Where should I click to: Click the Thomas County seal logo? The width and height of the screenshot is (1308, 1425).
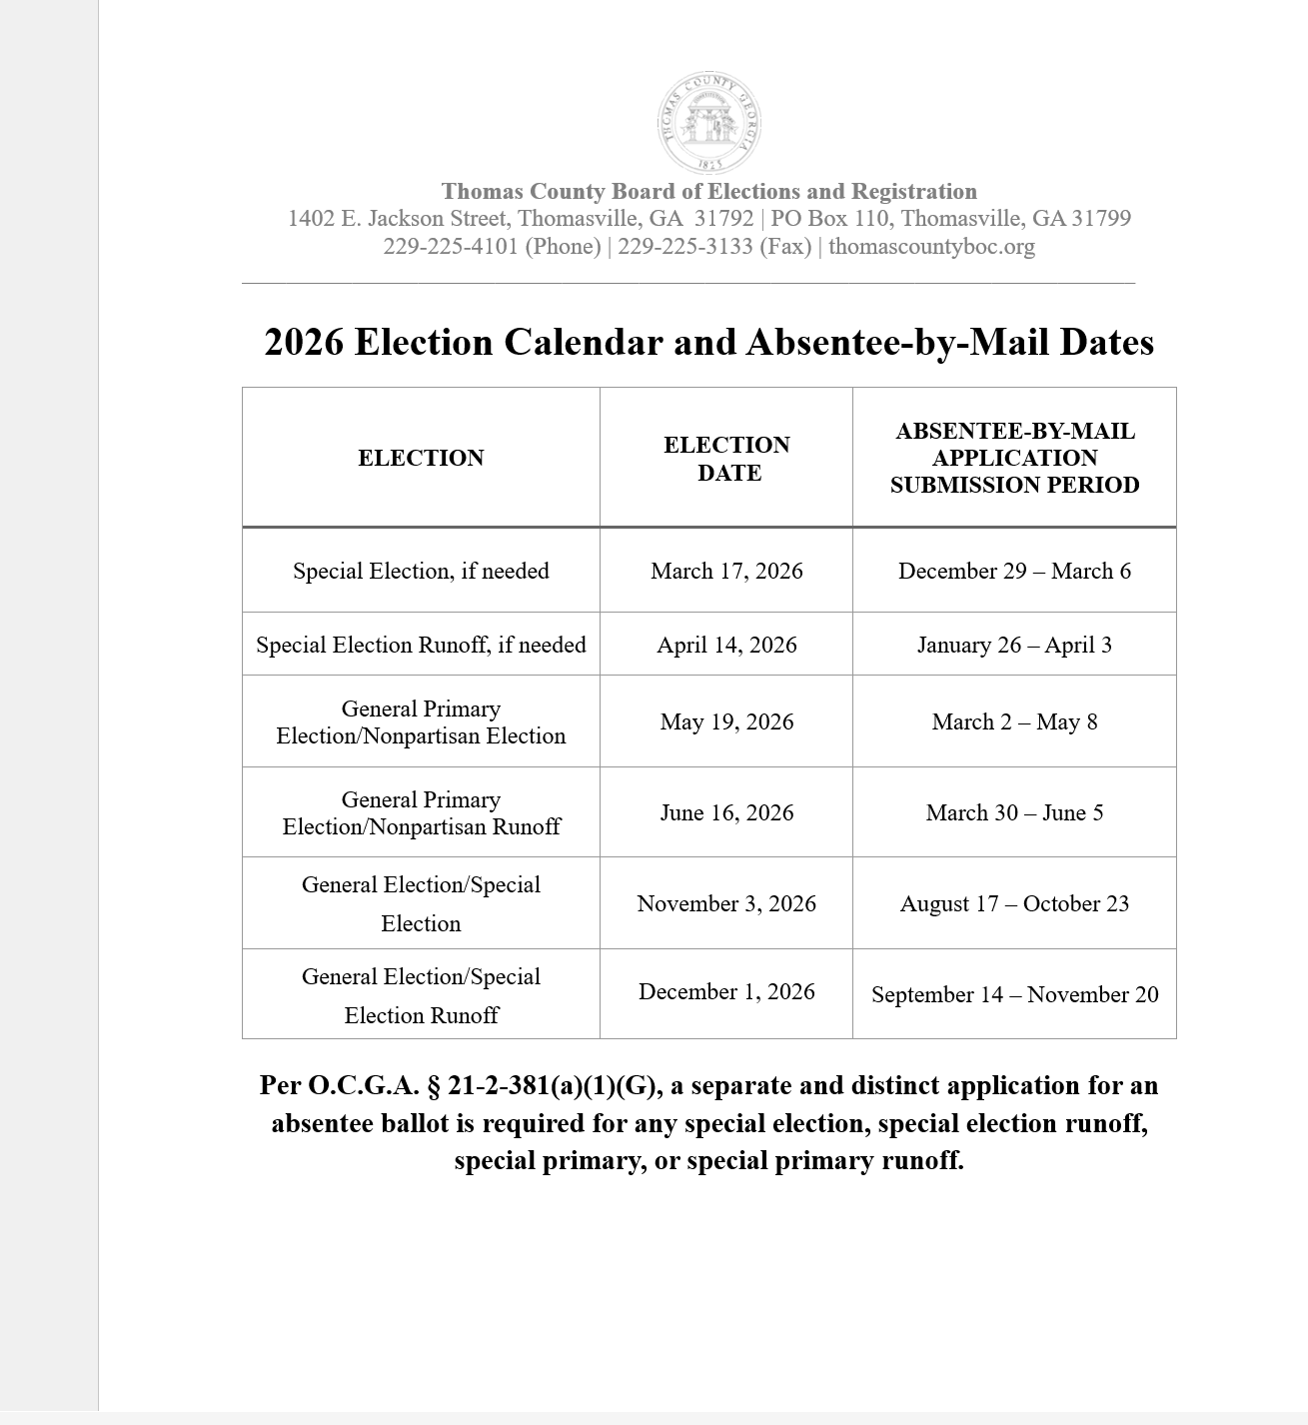[x=708, y=124]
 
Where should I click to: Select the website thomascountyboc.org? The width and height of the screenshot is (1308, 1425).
[x=931, y=247]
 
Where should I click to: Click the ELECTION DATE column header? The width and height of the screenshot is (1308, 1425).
[x=726, y=459]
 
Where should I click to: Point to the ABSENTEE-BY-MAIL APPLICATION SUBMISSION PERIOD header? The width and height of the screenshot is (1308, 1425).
[x=1014, y=458]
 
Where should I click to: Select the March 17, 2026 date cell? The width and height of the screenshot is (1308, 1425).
[x=726, y=571]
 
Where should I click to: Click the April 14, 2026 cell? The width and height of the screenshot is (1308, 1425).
[x=726, y=645]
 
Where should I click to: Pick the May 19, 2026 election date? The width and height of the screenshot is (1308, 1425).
[x=726, y=721]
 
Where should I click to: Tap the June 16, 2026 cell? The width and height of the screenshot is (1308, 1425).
[x=726, y=812]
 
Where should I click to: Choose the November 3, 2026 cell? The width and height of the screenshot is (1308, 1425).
[x=726, y=903]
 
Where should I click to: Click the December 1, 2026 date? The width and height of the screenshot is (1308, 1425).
[x=726, y=991]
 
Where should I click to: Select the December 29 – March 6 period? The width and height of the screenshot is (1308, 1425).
[x=1014, y=571]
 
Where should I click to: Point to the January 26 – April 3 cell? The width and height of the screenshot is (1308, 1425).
[x=1014, y=645]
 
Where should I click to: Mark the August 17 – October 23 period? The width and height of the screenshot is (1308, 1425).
[x=1014, y=903]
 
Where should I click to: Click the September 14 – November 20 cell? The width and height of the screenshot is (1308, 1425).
[x=1014, y=994]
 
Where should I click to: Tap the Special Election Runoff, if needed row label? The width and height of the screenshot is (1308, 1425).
[x=421, y=645]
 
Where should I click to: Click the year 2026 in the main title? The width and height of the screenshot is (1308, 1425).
[x=304, y=343]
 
